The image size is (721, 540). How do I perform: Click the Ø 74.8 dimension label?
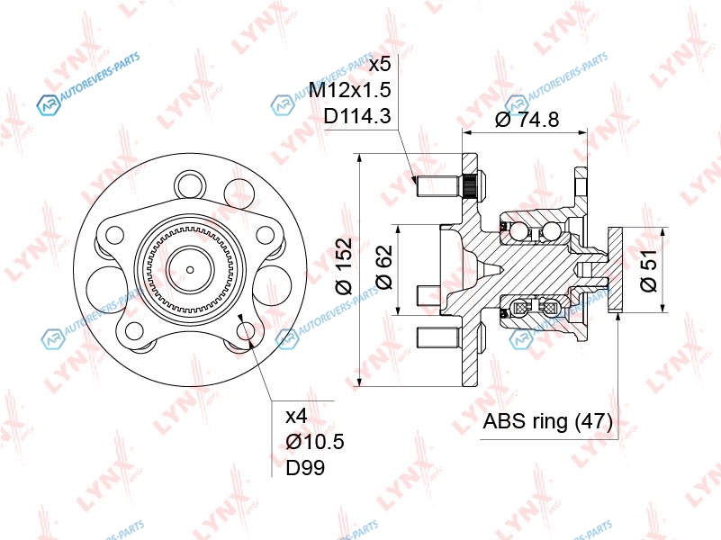527,119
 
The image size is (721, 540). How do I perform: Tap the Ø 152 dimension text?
345,265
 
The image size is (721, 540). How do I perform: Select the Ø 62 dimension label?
385,266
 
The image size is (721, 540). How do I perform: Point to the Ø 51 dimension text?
649,271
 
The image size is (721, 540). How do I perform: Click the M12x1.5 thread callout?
350,90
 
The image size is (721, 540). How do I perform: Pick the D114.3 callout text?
357,116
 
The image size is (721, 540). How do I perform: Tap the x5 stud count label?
380,64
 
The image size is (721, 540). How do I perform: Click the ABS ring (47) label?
547,421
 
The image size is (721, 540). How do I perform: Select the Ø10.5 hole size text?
315,442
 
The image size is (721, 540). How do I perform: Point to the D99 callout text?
305,468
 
